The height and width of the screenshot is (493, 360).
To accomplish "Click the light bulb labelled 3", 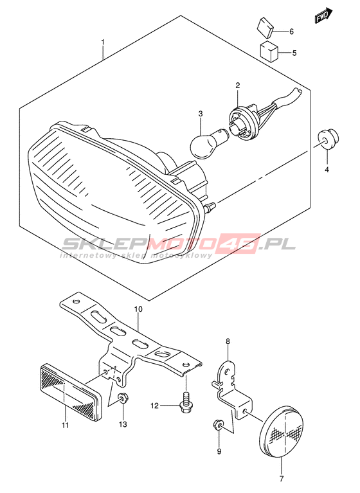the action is click(205, 142).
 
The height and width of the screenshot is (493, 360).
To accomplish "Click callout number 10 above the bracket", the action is click(138, 309).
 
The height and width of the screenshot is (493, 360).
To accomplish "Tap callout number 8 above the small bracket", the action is click(228, 341).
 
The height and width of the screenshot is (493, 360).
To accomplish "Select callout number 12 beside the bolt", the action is click(154, 406).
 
